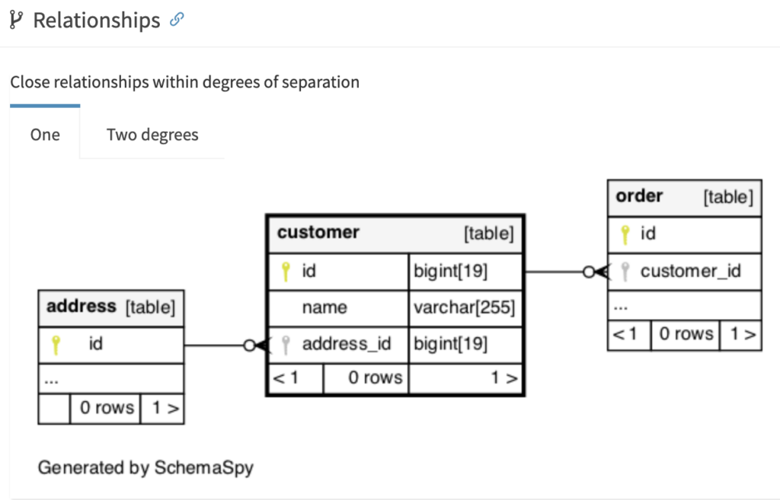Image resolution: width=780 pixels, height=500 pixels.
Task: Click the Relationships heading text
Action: click(97, 21)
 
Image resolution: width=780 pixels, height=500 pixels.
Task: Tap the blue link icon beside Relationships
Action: click(177, 19)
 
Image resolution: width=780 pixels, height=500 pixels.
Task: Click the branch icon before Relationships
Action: click(16, 20)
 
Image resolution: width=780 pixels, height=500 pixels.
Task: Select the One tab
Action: click(45, 135)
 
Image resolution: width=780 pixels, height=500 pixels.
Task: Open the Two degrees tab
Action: click(152, 135)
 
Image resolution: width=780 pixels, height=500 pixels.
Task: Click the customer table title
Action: click(318, 232)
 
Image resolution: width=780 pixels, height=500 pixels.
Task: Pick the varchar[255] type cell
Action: click(464, 307)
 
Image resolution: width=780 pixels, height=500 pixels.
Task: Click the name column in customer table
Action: click(324, 307)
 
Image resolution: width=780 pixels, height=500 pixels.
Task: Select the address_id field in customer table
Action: click(347, 343)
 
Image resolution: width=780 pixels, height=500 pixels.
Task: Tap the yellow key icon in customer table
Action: click(286, 272)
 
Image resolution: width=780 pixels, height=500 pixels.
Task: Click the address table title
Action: click(81, 306)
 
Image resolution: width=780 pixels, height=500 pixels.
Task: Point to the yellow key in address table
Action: click(56, 345)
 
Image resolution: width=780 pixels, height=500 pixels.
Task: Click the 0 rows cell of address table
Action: click(107, 408)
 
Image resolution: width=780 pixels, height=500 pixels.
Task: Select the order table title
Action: click(639, 196)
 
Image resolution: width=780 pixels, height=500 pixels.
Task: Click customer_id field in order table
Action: click(690, 271)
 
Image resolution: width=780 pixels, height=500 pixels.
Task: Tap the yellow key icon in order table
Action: click(625, 234)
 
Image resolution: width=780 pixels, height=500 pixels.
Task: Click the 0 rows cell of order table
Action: click(686, 333)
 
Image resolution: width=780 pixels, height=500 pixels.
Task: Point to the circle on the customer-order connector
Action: click(589, 272)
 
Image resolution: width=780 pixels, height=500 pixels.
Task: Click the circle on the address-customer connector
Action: click(250, 345)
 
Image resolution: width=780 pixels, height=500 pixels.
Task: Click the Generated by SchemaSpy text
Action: click(145, 467)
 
